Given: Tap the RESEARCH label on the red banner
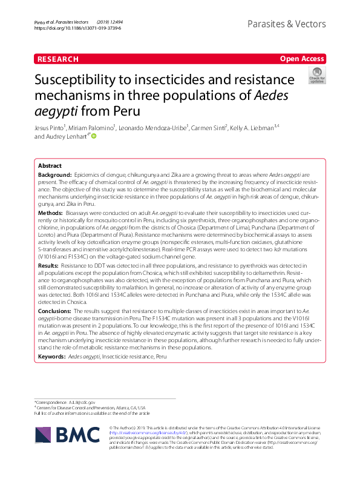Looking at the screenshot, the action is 57,59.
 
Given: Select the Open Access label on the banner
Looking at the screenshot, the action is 302,59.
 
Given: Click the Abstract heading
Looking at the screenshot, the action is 50,165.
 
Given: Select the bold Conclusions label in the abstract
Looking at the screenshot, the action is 56,310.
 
